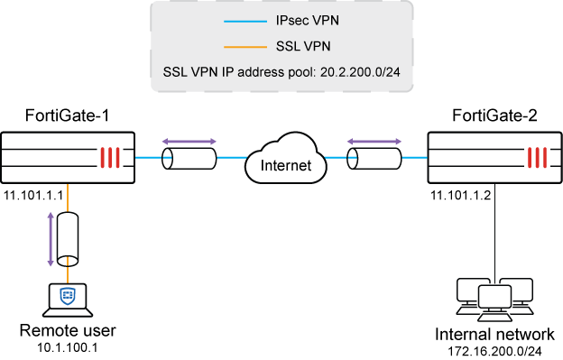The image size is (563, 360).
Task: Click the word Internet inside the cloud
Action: point(285,166)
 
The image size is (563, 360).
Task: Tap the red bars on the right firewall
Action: point(537,159)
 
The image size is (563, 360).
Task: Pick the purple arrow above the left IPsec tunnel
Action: point(189,142)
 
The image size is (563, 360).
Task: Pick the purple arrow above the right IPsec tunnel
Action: point(375,142)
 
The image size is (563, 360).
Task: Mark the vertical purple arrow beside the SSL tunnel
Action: point(51,240)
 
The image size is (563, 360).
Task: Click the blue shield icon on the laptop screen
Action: point(68,296)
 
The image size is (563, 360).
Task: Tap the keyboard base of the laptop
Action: point(68,313)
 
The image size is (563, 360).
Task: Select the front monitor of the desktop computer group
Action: point(494,296)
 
